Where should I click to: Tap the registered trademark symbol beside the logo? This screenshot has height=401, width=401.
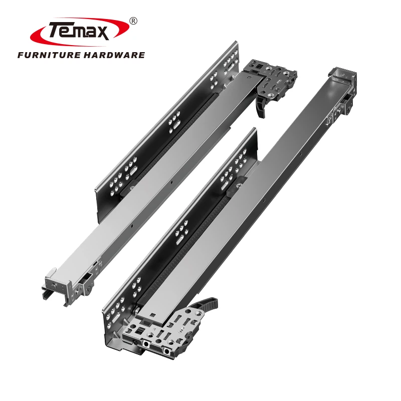[133, 21]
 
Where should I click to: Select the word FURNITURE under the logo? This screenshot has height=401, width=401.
[49, 55]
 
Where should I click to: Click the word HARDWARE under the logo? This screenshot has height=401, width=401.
[114, 55]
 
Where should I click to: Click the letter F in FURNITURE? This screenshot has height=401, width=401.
[21, 55]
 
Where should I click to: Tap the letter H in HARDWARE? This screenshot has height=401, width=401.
[88, 55]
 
